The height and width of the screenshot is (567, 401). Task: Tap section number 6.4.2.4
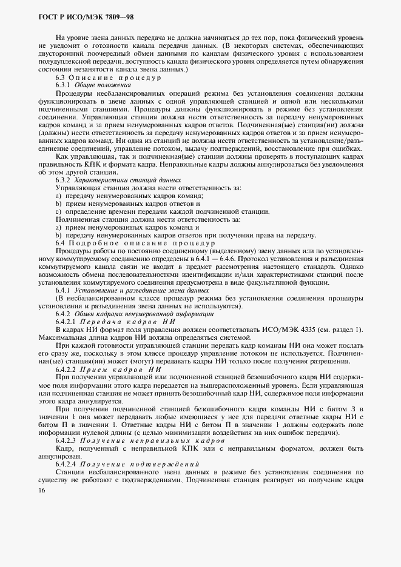67,463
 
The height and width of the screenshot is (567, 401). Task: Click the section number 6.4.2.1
67,321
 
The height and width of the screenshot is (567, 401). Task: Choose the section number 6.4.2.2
67,369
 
